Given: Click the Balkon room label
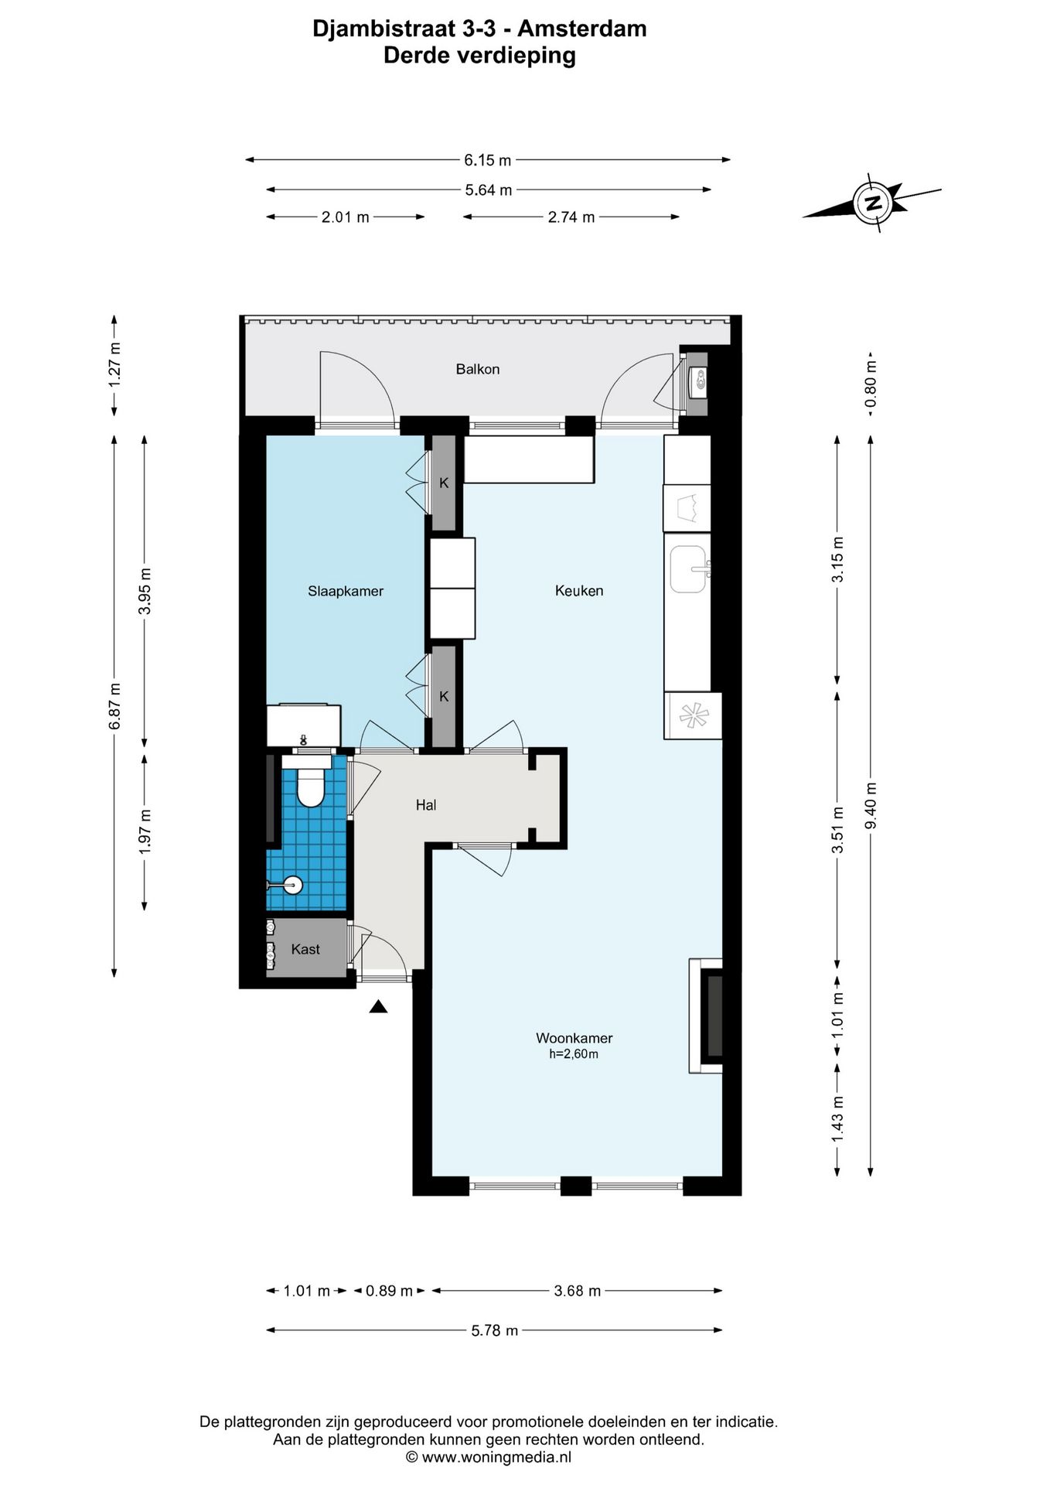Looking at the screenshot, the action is coord(477,369).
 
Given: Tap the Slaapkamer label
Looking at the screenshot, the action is coord(346,591).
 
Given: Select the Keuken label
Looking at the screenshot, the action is coord(579,591).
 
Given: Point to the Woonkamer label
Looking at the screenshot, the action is coord(574,1038).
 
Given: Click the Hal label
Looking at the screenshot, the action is coord(426,805).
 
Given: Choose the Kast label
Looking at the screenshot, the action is coord(305,949).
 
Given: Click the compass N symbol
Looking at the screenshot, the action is coord(873,203).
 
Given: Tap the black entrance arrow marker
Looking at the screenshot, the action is coord(378,1006).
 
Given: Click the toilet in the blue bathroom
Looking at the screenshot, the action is coord(310,783).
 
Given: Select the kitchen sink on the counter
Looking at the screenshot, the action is coord(687,568).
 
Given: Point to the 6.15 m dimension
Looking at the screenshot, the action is coord(488,160).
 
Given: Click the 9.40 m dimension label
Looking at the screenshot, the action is coord(871,805).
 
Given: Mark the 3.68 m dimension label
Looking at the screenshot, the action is coord(578,1291).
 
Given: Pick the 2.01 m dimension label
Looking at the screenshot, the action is coord(345,217).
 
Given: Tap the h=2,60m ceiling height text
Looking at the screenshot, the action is coord(574,1054).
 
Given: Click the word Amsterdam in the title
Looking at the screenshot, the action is coord(582,29).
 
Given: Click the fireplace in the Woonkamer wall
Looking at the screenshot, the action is coord(707,1016).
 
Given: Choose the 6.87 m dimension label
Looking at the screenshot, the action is coord(114,705).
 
